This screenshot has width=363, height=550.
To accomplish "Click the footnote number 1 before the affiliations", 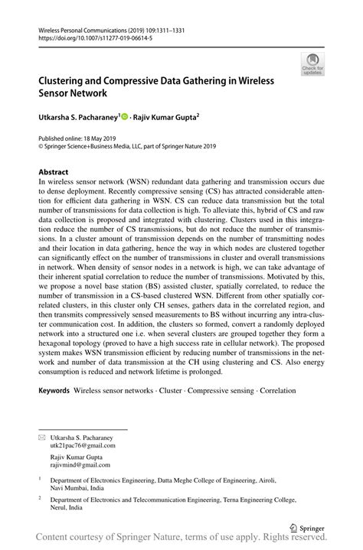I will pyautogui.click(x=39, y=482).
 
